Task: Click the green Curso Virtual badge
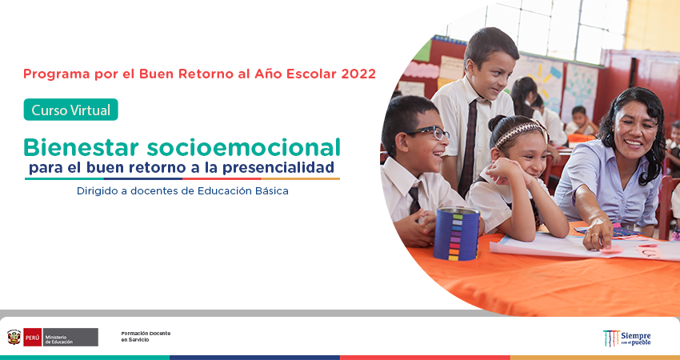70,110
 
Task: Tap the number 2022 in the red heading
358,74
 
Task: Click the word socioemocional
243,147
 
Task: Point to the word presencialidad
278,167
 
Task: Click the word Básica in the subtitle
271,191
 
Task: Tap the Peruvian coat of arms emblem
14,337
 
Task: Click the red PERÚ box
33,337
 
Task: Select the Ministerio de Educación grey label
70,337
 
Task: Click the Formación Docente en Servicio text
146,337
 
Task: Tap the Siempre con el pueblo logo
627,338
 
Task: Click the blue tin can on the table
456,234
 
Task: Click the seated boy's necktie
414,199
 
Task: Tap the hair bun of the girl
496,124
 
